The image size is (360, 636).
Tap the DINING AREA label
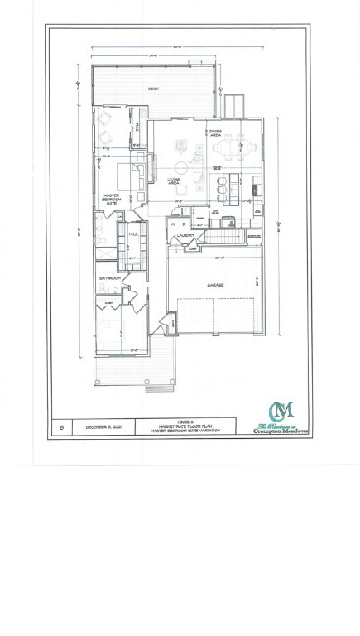215,132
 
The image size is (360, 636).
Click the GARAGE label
216,284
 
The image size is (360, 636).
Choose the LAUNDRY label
185,236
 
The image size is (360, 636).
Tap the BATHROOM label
108,278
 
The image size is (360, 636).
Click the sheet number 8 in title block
62,426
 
